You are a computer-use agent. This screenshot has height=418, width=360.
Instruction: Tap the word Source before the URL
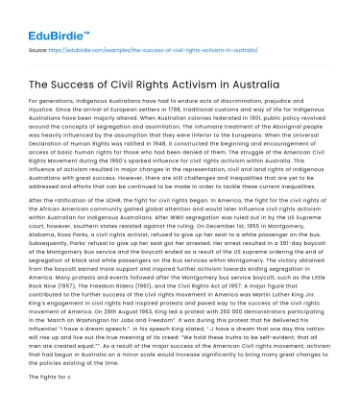coord(40,45)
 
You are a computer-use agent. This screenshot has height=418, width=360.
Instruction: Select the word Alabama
coord(44,237)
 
